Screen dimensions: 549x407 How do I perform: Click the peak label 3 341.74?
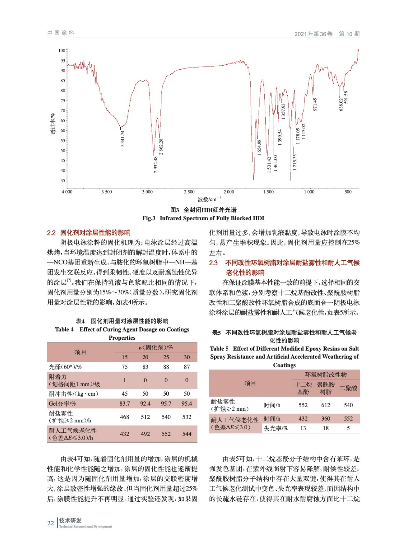point(122,138)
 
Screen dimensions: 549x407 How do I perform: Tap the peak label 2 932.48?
point(156,164)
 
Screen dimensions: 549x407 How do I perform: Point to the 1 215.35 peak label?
point(295,162)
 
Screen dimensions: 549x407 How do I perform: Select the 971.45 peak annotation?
point(315,104)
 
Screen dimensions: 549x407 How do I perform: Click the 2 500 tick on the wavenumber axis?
point(189,192)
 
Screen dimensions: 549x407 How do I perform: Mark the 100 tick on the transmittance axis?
point(62,50)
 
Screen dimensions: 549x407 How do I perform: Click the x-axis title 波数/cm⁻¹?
point(209,199)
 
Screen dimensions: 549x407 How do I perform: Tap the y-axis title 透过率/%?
point(53,124)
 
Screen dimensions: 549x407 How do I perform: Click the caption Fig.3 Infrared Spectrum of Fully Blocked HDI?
point(203,218)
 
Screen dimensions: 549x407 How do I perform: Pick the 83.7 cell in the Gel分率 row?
point(124,404)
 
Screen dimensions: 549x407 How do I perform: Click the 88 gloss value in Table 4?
point(166,367)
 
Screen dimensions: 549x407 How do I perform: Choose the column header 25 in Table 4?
point(166,357)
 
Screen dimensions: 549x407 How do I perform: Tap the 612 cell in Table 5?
point(325,405)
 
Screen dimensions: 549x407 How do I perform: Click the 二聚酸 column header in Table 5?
point(348,388)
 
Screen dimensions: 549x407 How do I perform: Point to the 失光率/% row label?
point(276,428)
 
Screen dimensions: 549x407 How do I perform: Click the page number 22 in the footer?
point(50,523)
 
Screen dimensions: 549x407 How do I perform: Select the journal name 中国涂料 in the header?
point(61,33)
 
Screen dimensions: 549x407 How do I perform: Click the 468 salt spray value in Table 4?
point(124,417)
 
